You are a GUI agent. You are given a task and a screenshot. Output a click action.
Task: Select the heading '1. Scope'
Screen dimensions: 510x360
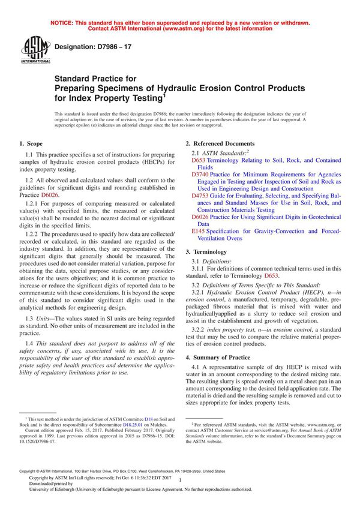(31, 144)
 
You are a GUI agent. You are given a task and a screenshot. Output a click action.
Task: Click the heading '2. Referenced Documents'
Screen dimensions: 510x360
(220, 144)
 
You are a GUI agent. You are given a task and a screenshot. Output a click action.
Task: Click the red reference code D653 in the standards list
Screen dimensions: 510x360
(199, 161)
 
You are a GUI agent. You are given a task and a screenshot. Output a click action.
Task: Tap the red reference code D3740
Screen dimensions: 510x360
(201, 173)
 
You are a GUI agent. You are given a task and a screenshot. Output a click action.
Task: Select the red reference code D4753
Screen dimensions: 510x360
(201, 195)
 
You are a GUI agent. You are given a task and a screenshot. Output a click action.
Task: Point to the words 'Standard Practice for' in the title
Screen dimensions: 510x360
(96, 78)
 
